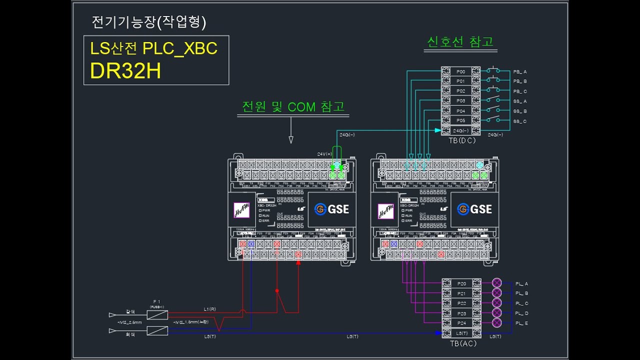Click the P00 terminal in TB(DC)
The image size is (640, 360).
point(460,71)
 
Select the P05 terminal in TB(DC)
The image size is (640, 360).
point(460,120)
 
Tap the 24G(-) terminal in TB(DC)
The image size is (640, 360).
point(460,130)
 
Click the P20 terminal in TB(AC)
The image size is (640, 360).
point(461,283)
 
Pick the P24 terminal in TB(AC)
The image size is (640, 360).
point(461,323)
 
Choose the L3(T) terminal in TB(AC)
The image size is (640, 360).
point(461,333)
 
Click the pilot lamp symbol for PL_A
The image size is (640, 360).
point(496,283)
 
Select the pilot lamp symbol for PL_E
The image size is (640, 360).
point(496,323)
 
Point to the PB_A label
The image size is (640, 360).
point(519,71)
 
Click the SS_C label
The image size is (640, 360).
point(519,121)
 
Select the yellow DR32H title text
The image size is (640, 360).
point(125,71)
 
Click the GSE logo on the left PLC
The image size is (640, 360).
point(332,209)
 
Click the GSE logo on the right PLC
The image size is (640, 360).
point(474,209)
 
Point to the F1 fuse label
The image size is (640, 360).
point(157,301)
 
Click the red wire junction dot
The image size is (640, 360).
point(277,290)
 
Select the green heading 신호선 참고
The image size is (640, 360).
point(460,41)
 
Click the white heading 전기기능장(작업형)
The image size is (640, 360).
point(149,22)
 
